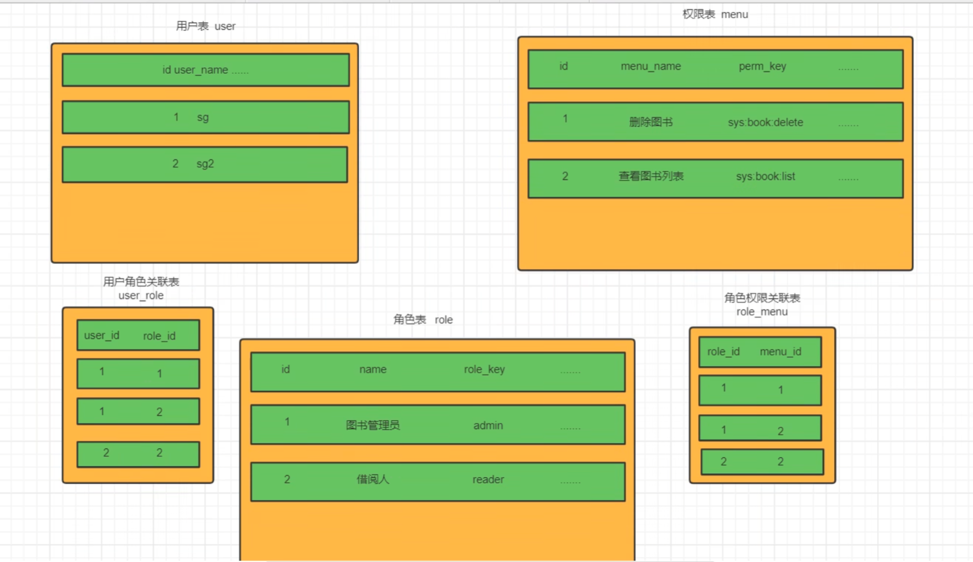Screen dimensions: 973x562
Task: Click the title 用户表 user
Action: tap(206, 26)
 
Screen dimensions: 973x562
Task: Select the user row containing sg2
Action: tap(205, 164)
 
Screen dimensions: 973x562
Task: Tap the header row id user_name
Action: tap(206, 70)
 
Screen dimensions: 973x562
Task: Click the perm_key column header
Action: tap(762, 67)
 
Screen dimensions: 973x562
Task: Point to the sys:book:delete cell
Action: tap(765, 122)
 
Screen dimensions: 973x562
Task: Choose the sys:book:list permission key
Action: tap(765, 176)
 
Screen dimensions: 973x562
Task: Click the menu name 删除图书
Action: tap(651, 122)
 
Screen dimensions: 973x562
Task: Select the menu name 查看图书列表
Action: tap(651, 176)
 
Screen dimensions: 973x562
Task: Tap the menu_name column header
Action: tap(651, 67)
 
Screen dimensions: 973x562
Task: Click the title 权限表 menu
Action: tap(715, 14)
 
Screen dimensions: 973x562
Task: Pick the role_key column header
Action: tap(485, 370)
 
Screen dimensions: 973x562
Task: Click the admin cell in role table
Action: tap(488, 426)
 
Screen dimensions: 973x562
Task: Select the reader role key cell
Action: tap(488, 479)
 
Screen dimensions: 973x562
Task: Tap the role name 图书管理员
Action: tap(373, 425)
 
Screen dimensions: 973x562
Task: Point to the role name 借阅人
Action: tap(373, 479)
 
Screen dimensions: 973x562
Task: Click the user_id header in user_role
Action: tap(101, 336)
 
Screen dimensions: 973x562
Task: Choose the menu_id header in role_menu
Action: tap(781, 352)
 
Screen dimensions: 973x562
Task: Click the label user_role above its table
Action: tap(141, 295)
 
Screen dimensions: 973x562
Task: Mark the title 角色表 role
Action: tap(423, 320)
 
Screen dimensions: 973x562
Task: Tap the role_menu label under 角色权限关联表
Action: tap(762, 312)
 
